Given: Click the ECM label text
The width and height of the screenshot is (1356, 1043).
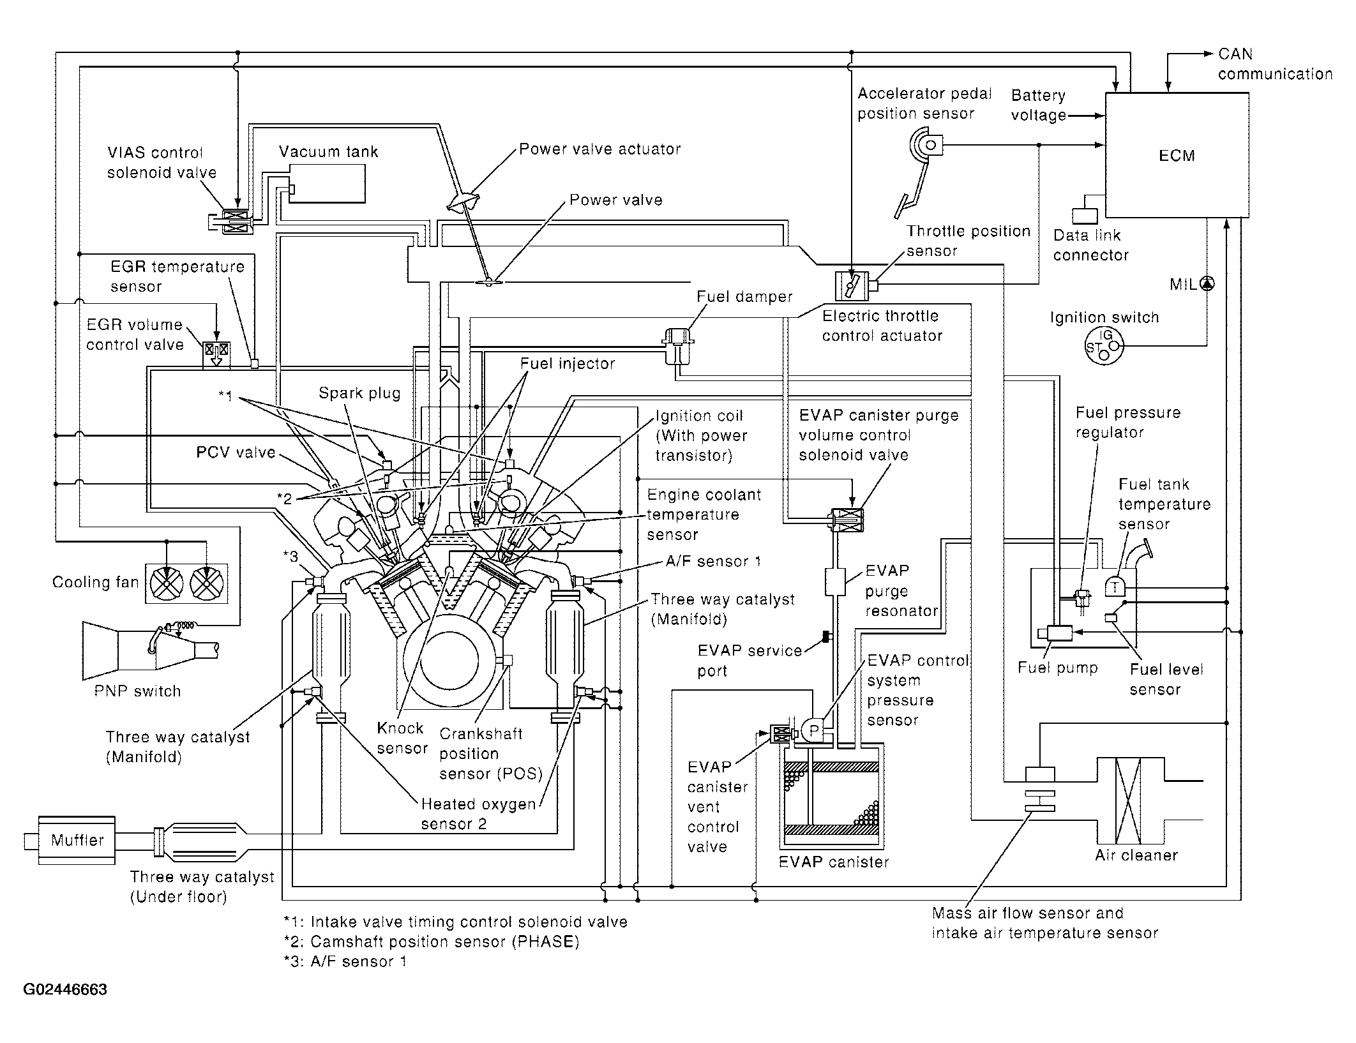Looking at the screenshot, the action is point(1177,156).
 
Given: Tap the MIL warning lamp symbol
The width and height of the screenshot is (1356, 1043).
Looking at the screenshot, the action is point(1207,284).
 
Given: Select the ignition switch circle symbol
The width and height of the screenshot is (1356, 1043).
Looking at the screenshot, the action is point(1103,347).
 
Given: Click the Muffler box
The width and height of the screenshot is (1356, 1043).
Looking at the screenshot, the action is point(77,840).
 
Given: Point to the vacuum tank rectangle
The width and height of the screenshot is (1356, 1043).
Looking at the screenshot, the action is point(328,184).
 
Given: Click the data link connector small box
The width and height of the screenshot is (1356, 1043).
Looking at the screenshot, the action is point(1085,216).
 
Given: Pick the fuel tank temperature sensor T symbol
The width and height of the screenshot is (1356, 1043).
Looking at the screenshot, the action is point(1115,587).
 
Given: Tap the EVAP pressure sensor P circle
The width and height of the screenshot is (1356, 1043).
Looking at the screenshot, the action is point(813,731).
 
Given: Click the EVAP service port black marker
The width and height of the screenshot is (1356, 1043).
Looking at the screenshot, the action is point(825,637).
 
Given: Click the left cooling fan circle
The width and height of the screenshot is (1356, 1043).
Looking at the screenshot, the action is point(166,583).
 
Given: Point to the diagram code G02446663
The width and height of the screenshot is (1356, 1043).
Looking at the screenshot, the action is point(65,989).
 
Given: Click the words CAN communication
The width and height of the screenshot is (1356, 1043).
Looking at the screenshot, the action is point(1275,64).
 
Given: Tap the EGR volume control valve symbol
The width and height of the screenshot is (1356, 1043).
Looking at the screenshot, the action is point(216,354).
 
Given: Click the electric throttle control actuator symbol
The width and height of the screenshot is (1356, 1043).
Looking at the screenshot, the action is point(852,285).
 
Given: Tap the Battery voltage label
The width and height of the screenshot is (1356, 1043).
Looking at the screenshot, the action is point(1039,105).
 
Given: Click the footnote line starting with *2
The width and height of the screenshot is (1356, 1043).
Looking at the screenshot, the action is point(432,942).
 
